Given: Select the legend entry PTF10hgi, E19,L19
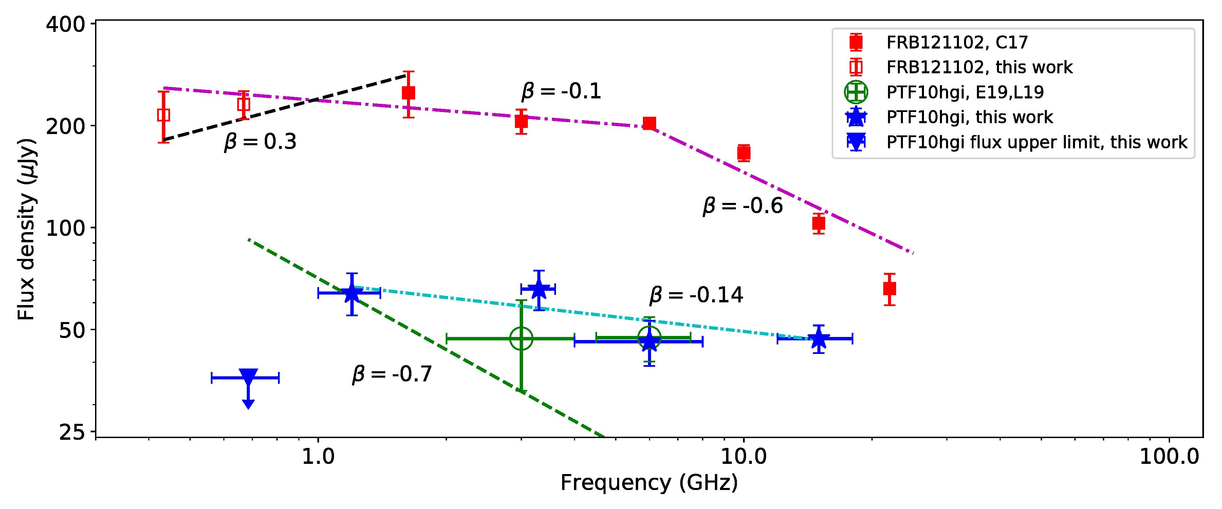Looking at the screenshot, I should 965,92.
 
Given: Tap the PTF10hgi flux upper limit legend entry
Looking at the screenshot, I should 1037,142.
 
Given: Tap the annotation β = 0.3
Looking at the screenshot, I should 260,142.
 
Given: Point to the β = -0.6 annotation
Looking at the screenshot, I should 742,206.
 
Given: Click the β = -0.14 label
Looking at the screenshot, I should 696,295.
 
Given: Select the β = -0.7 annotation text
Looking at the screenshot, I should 392,374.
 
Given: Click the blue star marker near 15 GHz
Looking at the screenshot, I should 818,339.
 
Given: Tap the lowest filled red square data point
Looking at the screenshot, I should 889,288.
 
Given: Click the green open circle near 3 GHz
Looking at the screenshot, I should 521,338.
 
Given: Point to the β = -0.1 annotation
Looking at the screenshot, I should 561,91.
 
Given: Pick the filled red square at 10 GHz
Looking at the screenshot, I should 744,153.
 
